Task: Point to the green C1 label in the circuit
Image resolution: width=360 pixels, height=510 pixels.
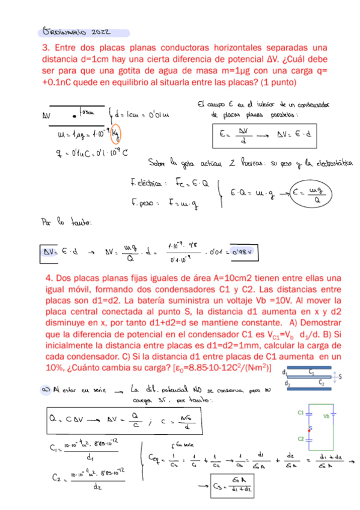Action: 300,413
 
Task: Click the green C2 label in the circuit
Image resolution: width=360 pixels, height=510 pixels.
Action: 300,438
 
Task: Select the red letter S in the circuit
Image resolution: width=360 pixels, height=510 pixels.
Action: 310,428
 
